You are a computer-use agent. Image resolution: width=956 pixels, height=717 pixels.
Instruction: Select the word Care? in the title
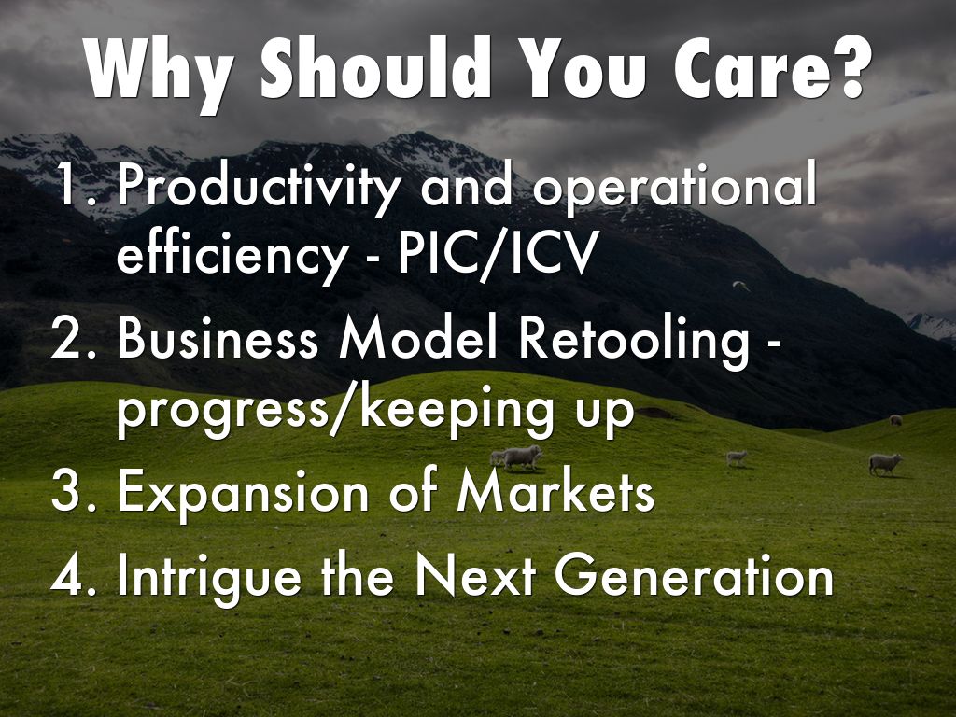click(x=769, y=67)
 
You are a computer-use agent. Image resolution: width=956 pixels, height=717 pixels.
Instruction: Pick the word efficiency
click(x=232, y=254)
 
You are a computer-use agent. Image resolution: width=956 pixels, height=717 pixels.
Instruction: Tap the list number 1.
click(x=77, y=186)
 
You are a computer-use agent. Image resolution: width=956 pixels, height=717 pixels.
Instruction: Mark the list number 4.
click(x=74, y=575)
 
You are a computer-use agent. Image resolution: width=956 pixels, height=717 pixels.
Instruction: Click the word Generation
click(x=695, y=575)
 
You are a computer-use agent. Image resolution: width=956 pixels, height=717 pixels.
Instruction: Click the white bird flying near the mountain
click(x=740, y=286)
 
